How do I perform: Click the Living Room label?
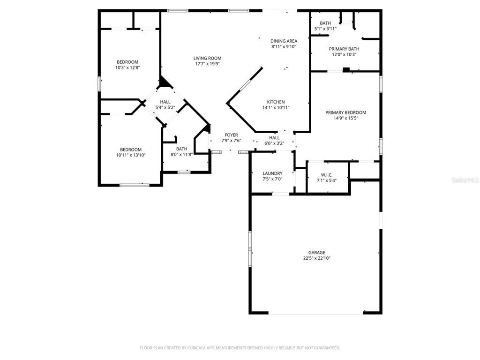tap(207, 58)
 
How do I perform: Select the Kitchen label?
tap(276, 102)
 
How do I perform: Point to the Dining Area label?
tap(284, 41)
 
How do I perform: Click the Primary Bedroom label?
tap(346, 112)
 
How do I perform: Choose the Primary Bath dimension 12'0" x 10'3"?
tap(344, 54)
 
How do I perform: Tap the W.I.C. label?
tap(327, 175)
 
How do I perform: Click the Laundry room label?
tap(272, 173)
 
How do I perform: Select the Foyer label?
tap(231, 135)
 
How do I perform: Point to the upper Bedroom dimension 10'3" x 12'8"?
tap(127, 67)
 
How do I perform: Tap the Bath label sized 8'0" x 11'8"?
tap(181, 149)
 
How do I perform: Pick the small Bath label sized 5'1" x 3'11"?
tap(325, 23)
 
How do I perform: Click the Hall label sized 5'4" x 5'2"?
tap(165, 102)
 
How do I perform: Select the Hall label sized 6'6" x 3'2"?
tap(274, 137)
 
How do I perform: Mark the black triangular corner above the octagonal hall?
tap(165, 83)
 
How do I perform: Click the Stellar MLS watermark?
tap(465, 180)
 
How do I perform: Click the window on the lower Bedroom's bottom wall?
tap(135, 185)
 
